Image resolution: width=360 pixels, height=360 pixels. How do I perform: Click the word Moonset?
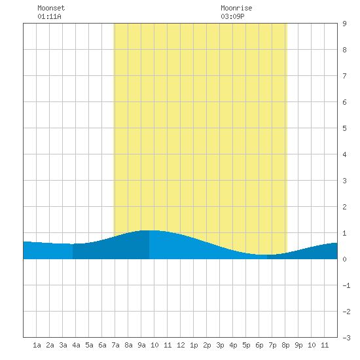click(51, 8)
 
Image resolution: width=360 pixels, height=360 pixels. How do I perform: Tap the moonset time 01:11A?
click(49, 16)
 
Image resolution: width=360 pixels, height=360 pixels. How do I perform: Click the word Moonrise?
click(236, 8)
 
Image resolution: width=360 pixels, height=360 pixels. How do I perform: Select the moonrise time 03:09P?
click(232, 16)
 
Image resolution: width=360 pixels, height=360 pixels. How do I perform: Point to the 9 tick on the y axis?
click(344, 24)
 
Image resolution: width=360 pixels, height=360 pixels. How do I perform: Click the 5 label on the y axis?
click(344, 128)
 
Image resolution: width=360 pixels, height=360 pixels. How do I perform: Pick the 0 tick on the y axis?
click(344, 259)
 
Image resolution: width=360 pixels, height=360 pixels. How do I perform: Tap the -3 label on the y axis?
click(346, 338)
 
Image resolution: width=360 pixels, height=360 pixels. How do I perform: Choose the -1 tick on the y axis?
click(346, 285)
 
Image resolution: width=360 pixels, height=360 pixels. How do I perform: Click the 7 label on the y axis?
click(344, 76)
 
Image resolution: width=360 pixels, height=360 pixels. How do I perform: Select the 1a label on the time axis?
click(37, 345)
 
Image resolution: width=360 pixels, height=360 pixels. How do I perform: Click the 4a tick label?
click(76, 345)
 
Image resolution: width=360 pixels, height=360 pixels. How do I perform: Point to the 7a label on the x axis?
click(115, 345)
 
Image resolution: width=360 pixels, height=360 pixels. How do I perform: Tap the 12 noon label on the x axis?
click(181, 345)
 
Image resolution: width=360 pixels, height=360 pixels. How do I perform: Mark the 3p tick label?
click(220, 345)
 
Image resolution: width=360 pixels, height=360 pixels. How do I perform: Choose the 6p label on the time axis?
click(259, 345)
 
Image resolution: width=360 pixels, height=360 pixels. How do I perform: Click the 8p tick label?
click(285, 345)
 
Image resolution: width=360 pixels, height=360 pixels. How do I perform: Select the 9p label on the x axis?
click(298, 345)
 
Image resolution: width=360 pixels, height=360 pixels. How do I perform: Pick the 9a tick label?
click(141, 345)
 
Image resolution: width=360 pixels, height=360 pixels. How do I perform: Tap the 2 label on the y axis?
click(344, 207)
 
